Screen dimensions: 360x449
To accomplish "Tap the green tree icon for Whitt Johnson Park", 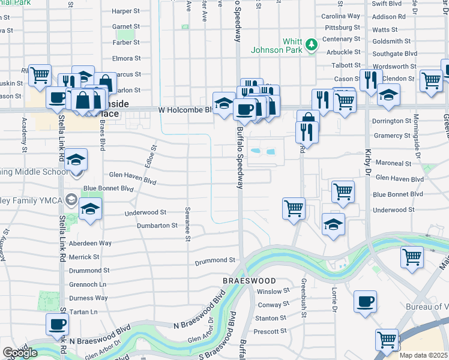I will (311, 44).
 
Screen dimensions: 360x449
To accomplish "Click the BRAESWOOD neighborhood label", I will (249, 281).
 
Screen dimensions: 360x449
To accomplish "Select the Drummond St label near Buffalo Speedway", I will (215, 260).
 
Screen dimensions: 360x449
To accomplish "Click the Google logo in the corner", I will (20, 352).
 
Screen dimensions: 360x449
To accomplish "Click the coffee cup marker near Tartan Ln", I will (58, 324).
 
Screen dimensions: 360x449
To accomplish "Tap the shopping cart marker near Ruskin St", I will (40, 76).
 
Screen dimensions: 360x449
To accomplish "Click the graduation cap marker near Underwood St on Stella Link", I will (90, 209).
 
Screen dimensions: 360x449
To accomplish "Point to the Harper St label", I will (125, 11).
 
